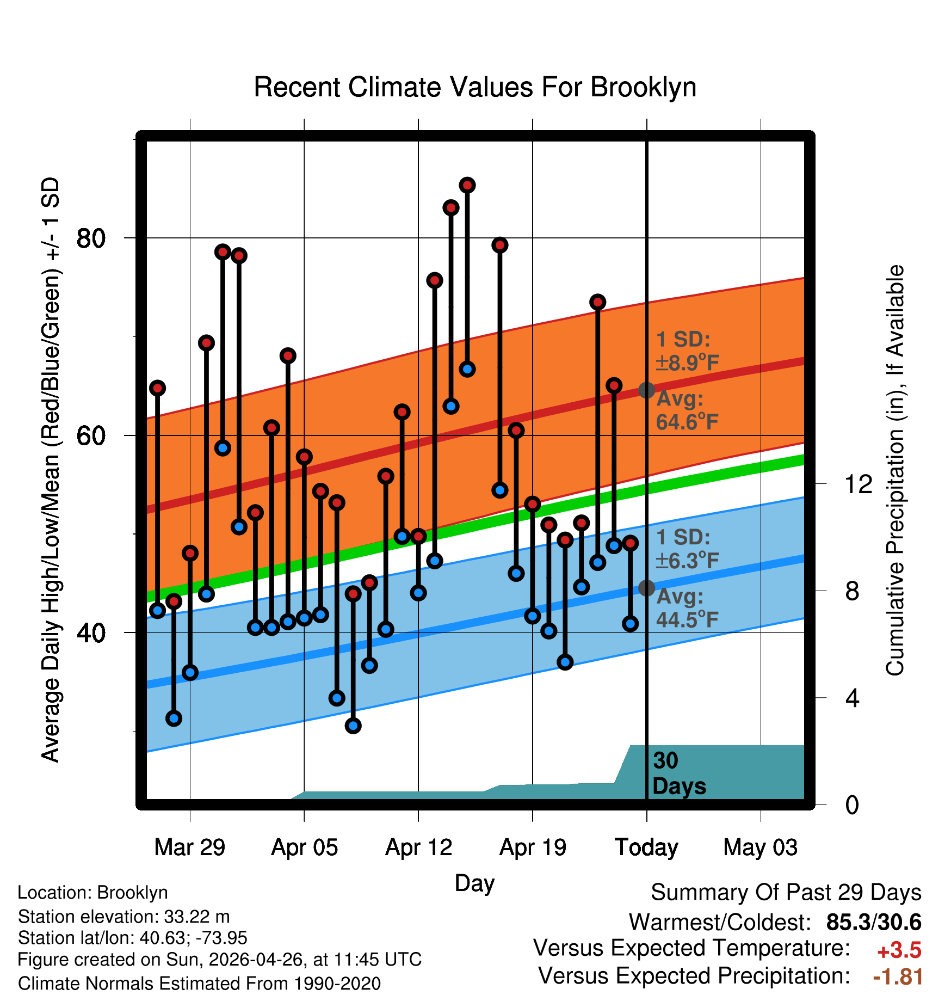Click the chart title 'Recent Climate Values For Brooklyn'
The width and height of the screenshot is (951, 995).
pyautogui.click(x=475, y=87)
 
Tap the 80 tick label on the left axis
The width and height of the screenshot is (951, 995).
pyautogui.click(x=91, y=238)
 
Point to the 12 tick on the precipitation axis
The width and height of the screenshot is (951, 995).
pyautogui.click(x=859, y=484)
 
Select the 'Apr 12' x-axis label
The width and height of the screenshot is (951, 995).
pyautogui.click(x=418, y=847)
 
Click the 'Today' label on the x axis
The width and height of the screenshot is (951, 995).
pyautogui.click(x=646, y=847)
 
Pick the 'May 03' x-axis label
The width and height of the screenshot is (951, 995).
pyautogui.click(x=761, y=847)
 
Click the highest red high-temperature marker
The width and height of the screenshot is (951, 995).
pyautogui.click(x=467, y=185)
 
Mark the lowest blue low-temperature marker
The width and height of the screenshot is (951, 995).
pyautogui.click(x=353, y=726)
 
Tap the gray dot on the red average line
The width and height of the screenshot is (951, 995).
pyautogui.click(x=646, y=390)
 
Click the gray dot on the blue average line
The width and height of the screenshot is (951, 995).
pyautogui.click(x=646, y=588)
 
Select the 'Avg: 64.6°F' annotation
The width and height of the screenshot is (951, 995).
pyautogui.click(x=687, y=410)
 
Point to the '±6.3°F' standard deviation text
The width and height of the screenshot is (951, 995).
pyautogui.click(x=687, y=561)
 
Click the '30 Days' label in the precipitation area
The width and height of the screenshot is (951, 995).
pyautogui.click(x=679, y=773)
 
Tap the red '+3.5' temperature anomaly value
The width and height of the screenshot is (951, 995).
pyautogui.click(x=899, y=950)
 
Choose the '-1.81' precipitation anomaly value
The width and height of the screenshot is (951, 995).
pyautogui.click(x=898, y=977)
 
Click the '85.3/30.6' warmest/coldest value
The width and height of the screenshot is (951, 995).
pyautogui.click(x=874, y=923)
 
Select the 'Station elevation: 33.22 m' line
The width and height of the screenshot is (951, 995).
pyautogui.click(x=124, y=917)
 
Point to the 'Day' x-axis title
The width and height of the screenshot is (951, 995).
pyautogui.click(x=474, y=883)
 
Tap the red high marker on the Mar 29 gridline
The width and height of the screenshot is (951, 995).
pyautogui.click(x=190, y=553)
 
